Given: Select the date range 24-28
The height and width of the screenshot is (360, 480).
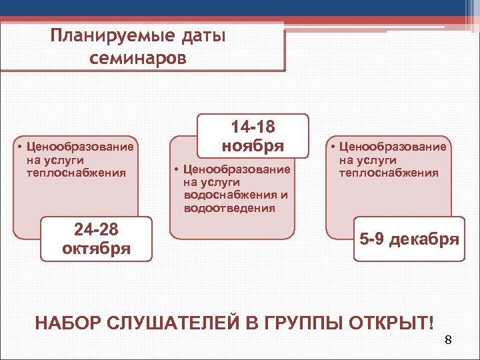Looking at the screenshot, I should tap(96, 231).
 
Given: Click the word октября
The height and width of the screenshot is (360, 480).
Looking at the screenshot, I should tap(96, 249).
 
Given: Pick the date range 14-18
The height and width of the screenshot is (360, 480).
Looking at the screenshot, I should tap(253, 127).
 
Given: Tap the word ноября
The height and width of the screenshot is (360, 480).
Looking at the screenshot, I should tap(253, 145).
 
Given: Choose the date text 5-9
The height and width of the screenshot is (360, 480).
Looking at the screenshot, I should tap(375, 239).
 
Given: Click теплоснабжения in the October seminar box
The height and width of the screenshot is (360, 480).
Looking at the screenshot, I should tap(76, 173).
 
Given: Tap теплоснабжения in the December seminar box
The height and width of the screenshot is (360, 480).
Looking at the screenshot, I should tap(389, 173).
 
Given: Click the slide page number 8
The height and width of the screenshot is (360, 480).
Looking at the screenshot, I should tap(448, 341).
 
